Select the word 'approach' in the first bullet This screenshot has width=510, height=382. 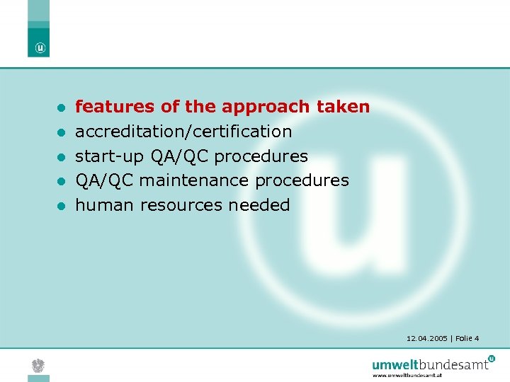[266, 108]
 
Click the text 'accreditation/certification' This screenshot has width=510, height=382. [183, 132]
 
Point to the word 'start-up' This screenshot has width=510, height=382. [110, 156]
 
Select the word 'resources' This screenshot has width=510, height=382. [182, 206]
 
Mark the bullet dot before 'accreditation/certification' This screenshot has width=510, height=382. [62, 132]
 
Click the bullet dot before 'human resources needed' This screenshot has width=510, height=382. [62, 206]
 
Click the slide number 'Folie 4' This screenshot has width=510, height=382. [467, 339]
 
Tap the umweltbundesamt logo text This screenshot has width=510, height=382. [431, 364]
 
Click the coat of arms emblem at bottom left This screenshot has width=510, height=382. [38, 365]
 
